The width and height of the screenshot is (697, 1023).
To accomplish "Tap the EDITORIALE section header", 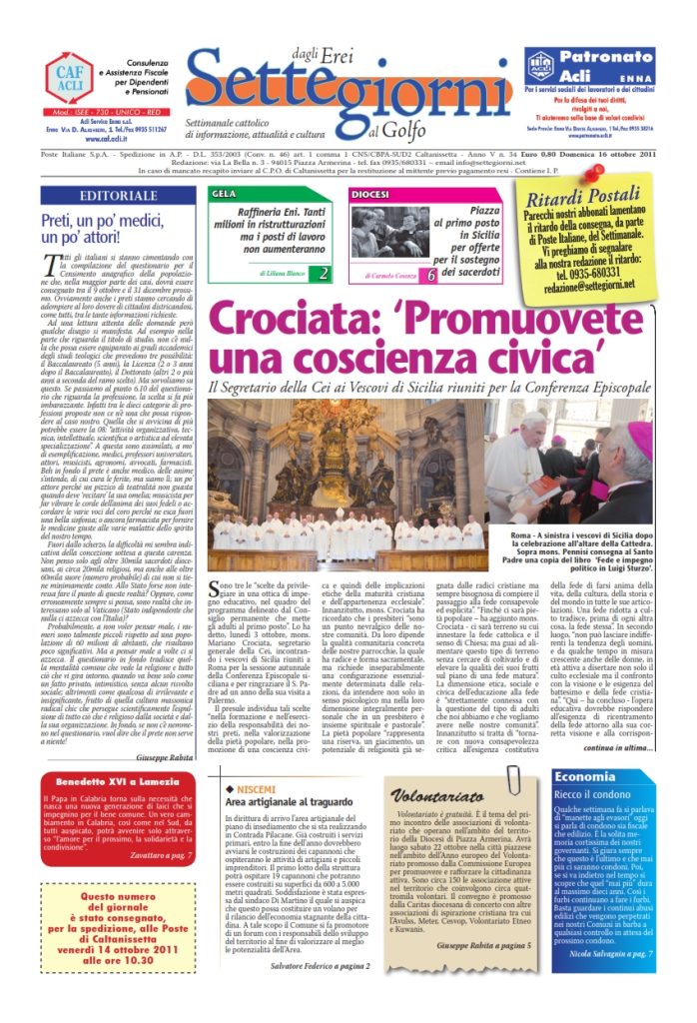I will [116, 196].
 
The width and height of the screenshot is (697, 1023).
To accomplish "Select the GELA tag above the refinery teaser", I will [225, 193].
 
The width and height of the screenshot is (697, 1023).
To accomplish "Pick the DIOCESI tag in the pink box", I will [371, 193].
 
